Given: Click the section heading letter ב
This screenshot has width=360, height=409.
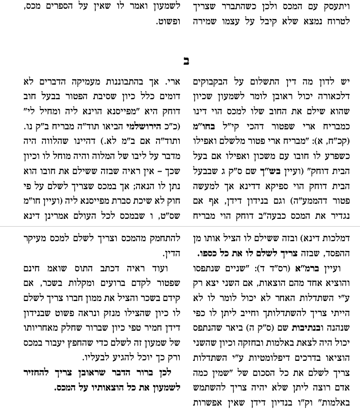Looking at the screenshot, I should click(186, 61).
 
